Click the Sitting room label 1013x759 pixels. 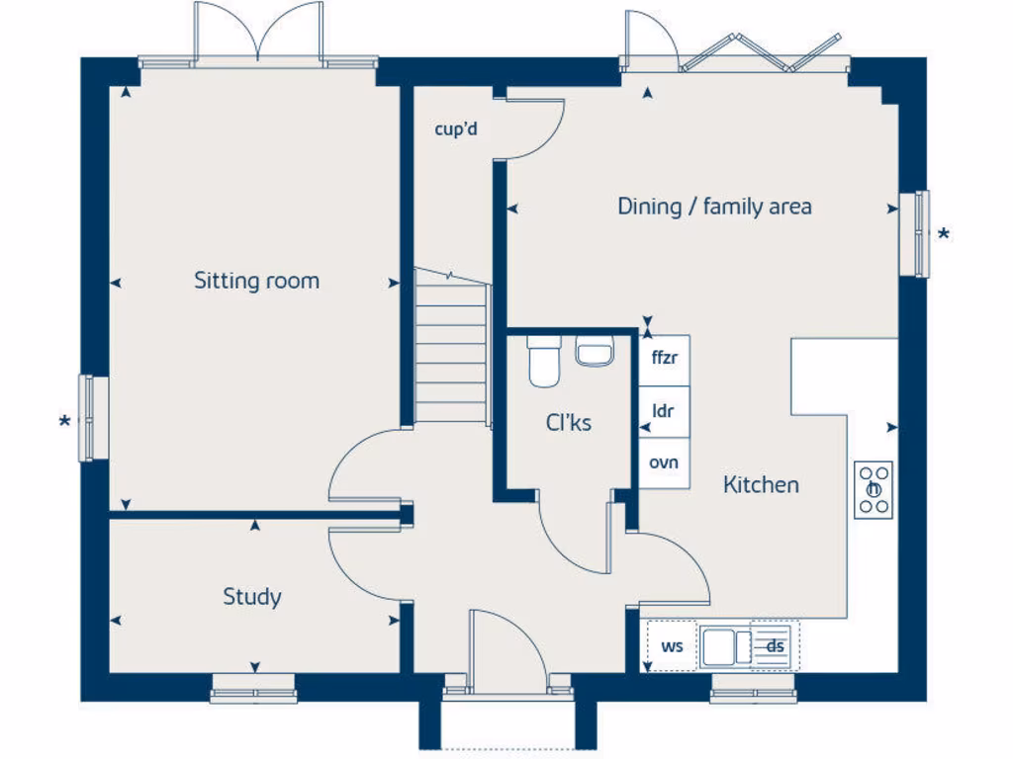pos(256,281)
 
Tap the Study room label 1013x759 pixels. pos(252,597)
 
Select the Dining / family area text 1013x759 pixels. pos(714,207)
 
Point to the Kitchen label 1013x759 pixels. pos(761,484)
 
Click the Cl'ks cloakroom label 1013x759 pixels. pos(569,422)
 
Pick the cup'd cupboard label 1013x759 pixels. pos(456,129)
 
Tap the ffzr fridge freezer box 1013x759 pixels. pos(664,360)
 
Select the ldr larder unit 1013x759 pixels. pos(664,412)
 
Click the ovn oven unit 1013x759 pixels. pos(664,463)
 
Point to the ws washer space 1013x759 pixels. pos(672,645)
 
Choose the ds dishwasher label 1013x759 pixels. pos(776,646)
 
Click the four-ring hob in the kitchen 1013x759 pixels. pos(874,490)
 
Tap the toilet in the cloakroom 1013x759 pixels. pos(544,362)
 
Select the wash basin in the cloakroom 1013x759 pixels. pos(595,353)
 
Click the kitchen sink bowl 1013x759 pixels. pos(718,646)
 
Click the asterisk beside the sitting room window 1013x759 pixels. pos(64,423)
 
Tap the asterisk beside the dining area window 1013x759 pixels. pos(944,235)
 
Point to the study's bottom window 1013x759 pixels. pos(253,689)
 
